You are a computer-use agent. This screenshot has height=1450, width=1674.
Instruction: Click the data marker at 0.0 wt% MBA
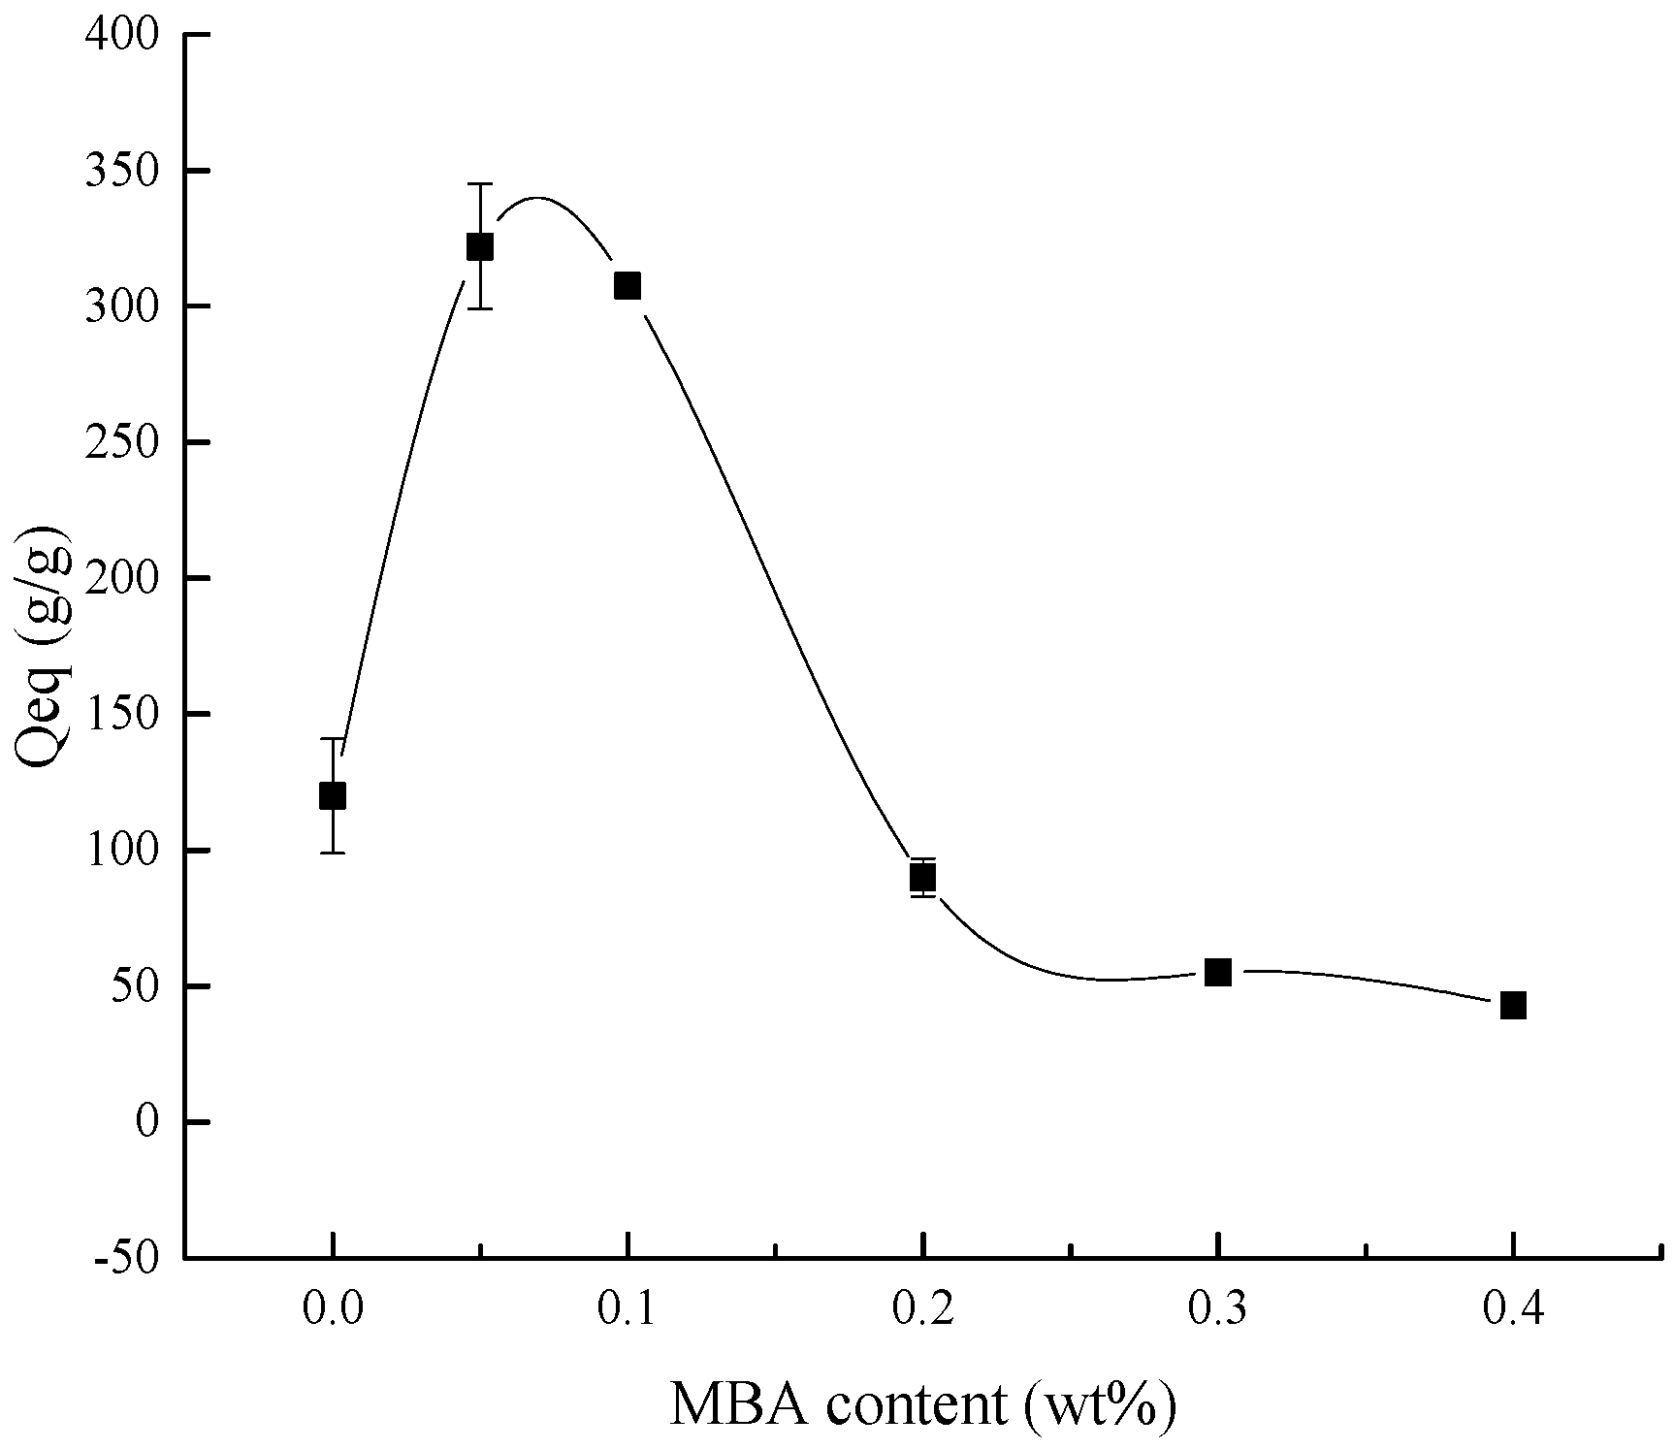[x=332, y=795]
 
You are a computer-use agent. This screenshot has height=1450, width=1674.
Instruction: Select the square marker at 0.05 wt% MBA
[x=480, y=247]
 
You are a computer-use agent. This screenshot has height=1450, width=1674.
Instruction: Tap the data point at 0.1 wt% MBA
[x=628, y=285]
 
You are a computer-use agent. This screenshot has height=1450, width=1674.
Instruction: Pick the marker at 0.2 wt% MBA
[x=922, y=877]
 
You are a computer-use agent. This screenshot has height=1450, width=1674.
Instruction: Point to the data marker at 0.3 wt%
[x=1218, y=972]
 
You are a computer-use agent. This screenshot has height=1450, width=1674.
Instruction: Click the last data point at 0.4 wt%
[x=1513, y=1005]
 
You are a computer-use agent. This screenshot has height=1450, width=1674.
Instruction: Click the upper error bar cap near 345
[x=480, y=183]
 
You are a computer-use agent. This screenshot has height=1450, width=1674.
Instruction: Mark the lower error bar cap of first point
[x=332, y=853]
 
